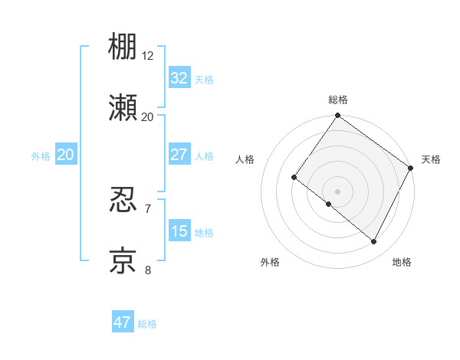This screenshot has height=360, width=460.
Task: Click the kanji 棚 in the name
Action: click(123, 47)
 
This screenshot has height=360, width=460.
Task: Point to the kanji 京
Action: click(123, 260)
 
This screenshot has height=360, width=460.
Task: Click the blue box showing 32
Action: click(179, 77)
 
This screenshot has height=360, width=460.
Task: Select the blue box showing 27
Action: click(179, 155)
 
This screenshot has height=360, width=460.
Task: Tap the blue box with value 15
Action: click(179, 231)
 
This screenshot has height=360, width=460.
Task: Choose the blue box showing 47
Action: click(123, 322)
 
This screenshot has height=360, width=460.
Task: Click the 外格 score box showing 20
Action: click(65, 155)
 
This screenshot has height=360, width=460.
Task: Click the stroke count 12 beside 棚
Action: click(148, 55)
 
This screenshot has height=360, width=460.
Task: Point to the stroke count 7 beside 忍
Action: click(148, 208)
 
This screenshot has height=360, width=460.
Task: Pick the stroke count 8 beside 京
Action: click(148, 270)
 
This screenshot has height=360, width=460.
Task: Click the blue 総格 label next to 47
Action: click(147, 324)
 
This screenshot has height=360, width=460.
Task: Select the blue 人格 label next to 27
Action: click(204, 156)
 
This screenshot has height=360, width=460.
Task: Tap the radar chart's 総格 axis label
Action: click(338, 100)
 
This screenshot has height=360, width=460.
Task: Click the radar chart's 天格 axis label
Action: click(431, 159)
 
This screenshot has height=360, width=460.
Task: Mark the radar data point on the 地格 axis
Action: click(374, 242)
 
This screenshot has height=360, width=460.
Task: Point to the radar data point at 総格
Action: click(338, 116)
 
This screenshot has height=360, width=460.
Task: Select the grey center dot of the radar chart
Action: click(338, 191)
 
